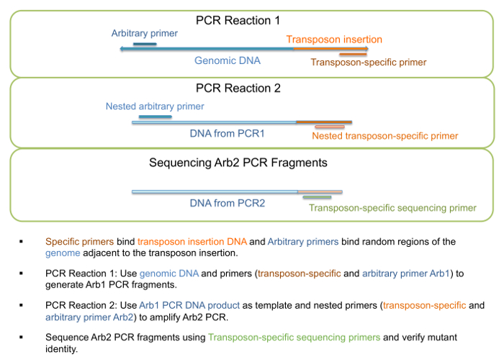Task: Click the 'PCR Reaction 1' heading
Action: click(238, 21)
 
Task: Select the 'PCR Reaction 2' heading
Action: click(238, 88)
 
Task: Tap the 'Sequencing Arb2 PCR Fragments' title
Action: click(238, 163)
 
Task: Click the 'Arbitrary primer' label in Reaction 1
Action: click(144, 33)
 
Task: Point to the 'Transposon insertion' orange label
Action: click(334, 40)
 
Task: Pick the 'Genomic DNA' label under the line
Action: click(228, 60)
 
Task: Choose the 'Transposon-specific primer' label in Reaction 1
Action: click(369, 62)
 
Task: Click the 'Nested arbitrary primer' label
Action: click(155, 107)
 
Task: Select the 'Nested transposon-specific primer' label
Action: click(385, 136)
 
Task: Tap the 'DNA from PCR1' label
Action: click(228, 133)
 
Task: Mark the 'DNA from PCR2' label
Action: click(228, 203)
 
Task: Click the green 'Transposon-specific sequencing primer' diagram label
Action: click(392, 208)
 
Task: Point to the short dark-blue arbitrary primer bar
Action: click(145, 44)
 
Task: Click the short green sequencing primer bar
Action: click(317, 197)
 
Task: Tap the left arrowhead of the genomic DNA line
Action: click(121, 49)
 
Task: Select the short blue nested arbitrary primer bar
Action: click(156, 117)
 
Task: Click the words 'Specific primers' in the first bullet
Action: click(79, 242)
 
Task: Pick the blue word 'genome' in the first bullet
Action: click(63, 253)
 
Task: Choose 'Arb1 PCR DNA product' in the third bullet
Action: click(189, 305)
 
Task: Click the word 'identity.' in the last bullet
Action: click(61, 349)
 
